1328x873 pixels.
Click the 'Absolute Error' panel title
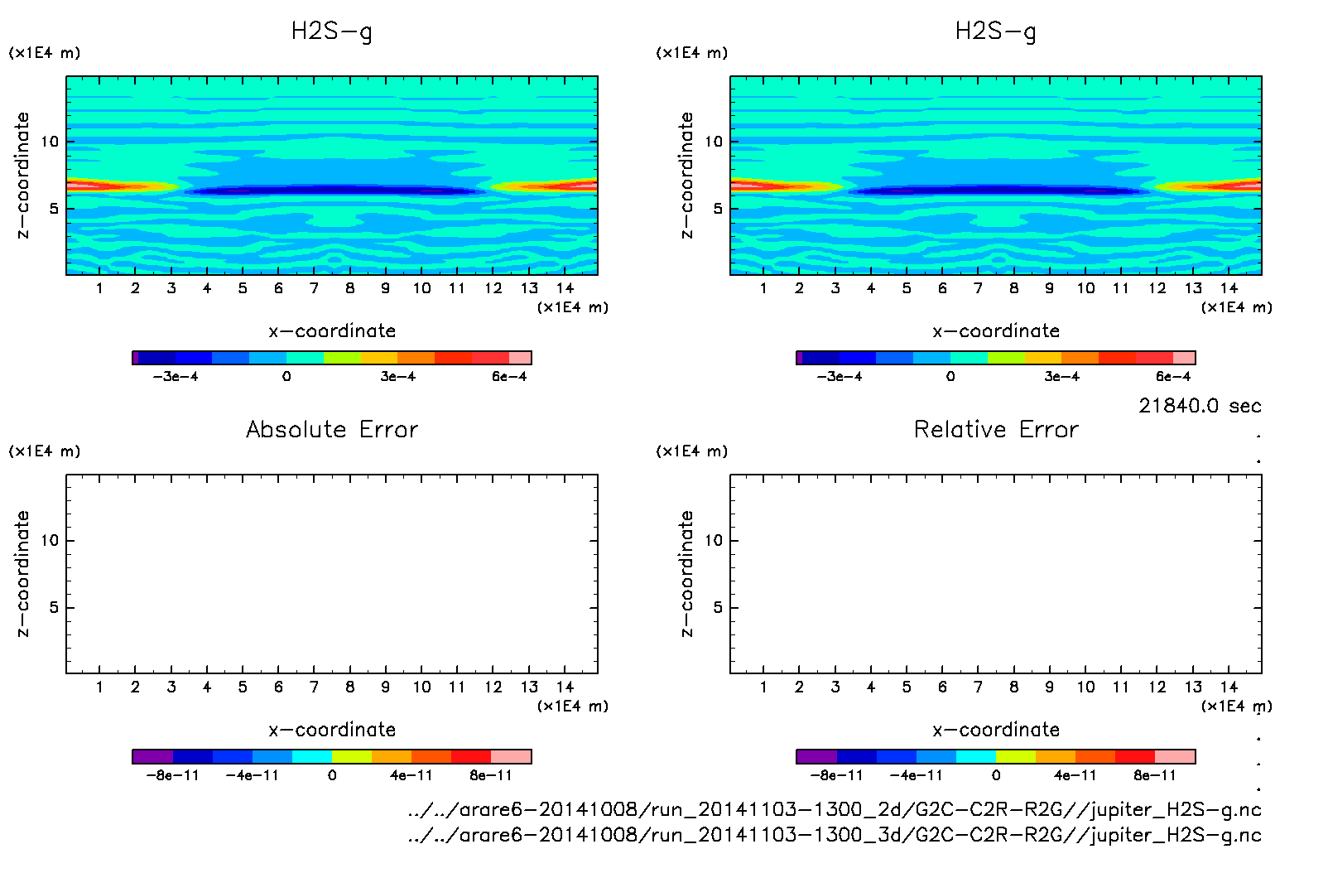tap(332, 429)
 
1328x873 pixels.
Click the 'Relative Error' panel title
tap(996, 429)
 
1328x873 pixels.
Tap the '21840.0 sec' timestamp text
tap(1200, 406)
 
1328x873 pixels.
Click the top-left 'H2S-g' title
tap(332, 31)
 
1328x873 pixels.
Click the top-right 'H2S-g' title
tap(996, 31)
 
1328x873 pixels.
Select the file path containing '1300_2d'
tap(835, 809)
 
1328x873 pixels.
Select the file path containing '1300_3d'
tap(835, 834)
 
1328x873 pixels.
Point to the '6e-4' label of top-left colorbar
tap(509, 377)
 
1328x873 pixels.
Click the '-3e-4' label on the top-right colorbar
tap(839, 377)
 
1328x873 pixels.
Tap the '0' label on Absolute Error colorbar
tap(332, 776)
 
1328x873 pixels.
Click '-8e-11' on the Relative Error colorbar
tap(836, 776)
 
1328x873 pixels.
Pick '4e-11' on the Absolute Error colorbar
tap(411, 776)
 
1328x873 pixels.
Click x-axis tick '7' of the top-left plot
tap(314, 288)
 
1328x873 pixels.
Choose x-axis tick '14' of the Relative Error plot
tap(1229, 687)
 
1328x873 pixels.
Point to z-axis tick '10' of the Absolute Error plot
tap(50, 541)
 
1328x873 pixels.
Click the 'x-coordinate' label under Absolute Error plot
tap(332, 730)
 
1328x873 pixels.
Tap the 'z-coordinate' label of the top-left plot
tap(22, 176)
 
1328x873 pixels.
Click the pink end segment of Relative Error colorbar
tap(1175, 756)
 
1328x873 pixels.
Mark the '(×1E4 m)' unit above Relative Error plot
tap(691, 451)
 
